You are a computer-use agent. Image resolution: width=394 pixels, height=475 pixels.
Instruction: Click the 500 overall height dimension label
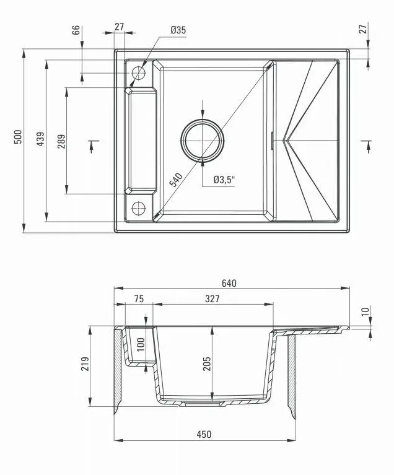coord(19,137)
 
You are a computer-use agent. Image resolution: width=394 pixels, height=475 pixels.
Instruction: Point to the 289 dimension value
coord(61,142)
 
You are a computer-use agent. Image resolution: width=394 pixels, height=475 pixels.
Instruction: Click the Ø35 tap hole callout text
coord(178,30)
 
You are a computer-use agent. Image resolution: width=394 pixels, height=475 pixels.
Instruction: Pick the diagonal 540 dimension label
coord(177,180)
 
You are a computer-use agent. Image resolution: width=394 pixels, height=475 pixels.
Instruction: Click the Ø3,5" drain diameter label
coord(224,180)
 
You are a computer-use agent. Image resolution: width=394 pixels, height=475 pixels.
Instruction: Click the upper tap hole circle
coord(138,73)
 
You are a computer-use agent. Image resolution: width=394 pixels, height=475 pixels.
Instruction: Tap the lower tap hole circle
coord(138,207)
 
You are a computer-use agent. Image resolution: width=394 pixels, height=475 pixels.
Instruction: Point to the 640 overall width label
coord(229,283)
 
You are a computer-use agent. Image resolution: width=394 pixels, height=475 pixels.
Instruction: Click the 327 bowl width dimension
coord(212,299)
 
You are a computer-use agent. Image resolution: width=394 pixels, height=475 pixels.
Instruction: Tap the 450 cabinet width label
coord(204,434)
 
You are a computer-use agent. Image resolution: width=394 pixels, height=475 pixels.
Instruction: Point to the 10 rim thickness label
coord(365,312)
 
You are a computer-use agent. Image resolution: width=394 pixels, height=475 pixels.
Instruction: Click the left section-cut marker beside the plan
coord(92,145)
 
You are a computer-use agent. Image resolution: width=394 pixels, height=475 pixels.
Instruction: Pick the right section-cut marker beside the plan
coord(368,145)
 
